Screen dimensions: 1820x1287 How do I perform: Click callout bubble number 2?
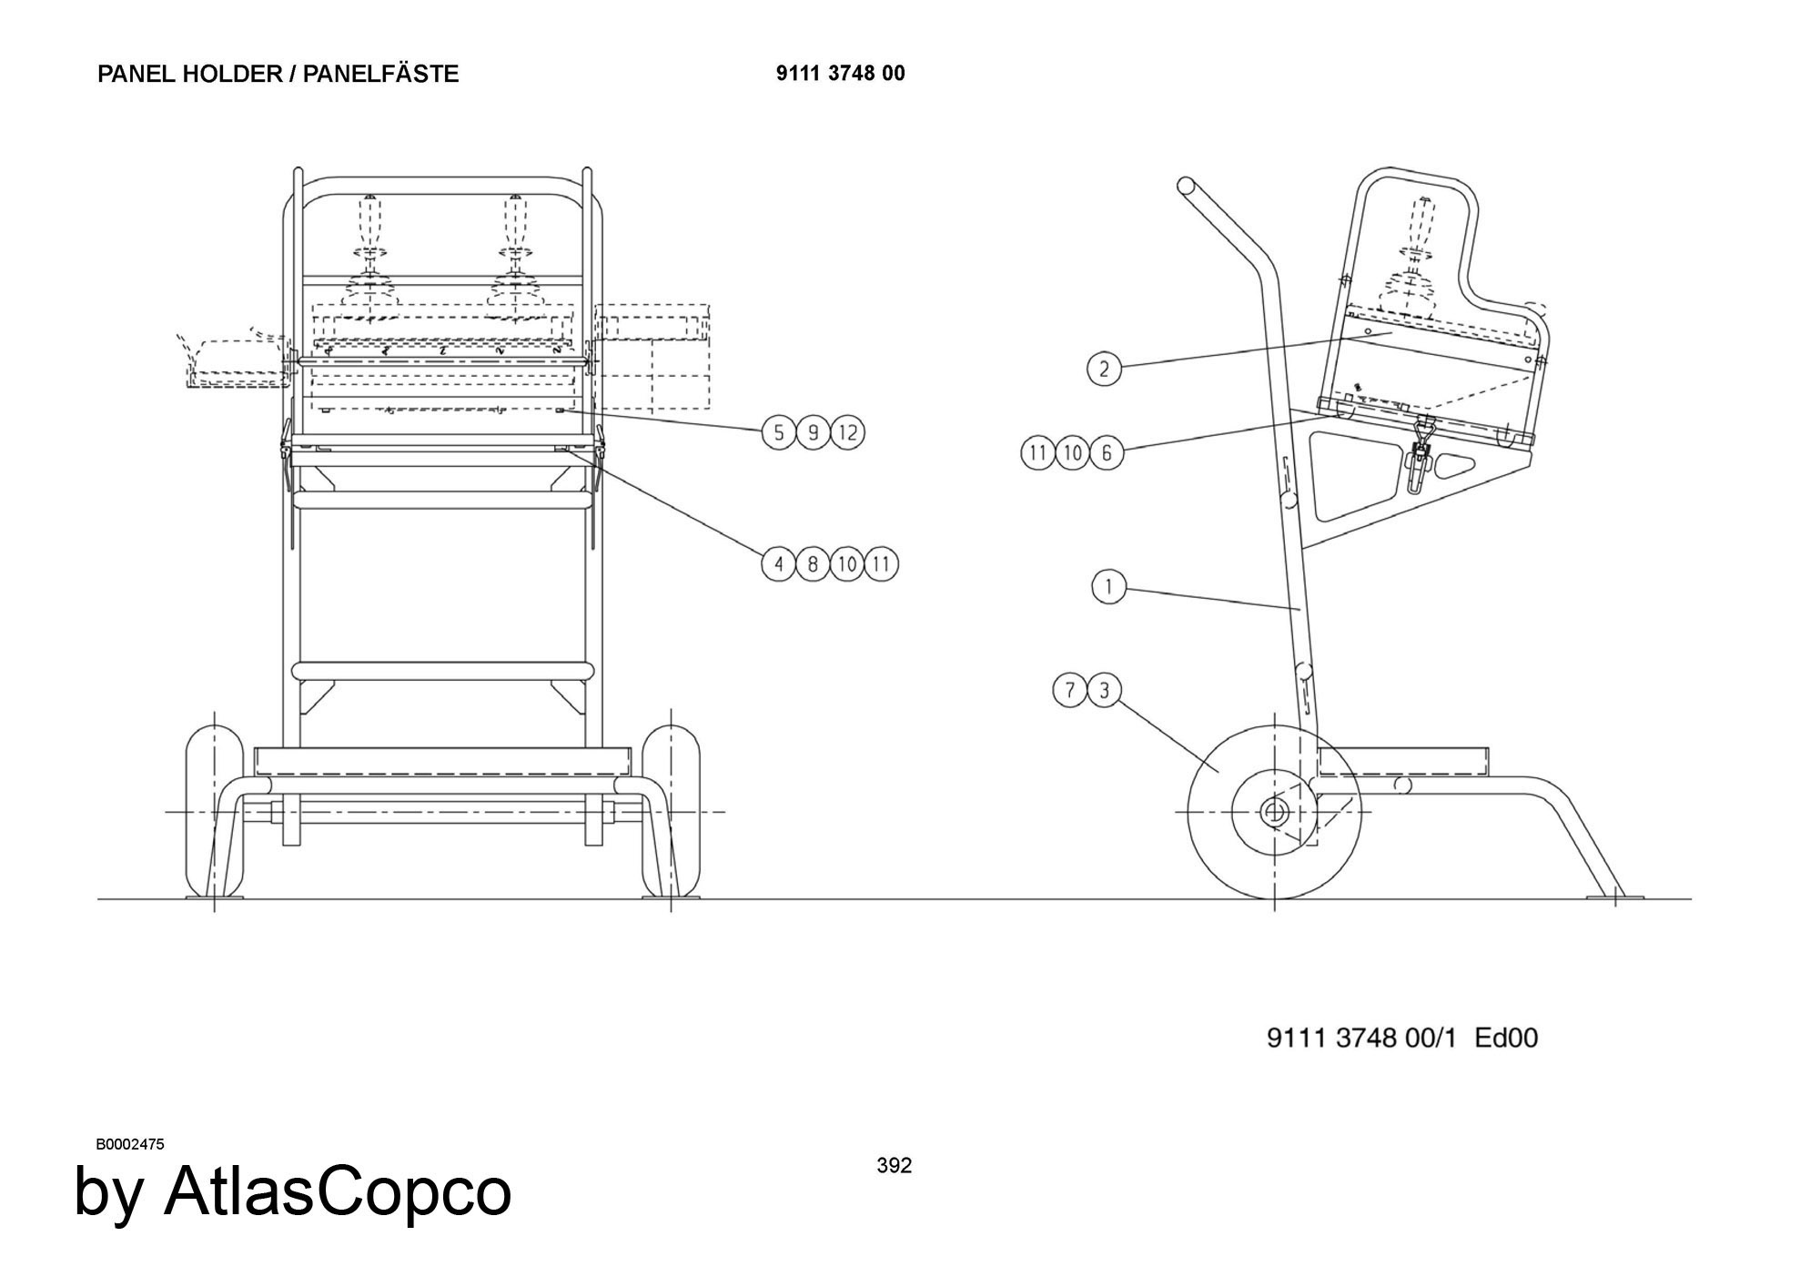coord(1105,369)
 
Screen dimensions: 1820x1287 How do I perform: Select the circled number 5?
coord(779,432)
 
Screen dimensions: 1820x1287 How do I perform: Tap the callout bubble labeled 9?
coord(814,432)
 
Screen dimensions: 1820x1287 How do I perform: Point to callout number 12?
coord(848,432)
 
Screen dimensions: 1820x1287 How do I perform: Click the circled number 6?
coord(1107,452)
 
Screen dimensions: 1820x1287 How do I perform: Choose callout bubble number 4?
coord(779,564)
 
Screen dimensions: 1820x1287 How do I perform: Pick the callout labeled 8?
coord(813,564)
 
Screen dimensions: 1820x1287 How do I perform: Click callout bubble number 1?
coord(1108,587)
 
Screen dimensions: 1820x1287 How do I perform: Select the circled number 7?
coord(1070,690)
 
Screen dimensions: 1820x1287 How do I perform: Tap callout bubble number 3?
coord(1105,690)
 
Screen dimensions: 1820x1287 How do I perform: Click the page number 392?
coord(895,1165)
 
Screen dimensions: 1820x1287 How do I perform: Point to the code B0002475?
coord(130,1144)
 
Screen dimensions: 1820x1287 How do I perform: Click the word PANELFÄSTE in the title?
coord(380,74)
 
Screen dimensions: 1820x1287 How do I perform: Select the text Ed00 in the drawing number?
coord(1506,1038)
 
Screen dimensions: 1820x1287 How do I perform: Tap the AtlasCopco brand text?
coord(338,1191)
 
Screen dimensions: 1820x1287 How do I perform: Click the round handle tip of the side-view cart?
coord(1186,187)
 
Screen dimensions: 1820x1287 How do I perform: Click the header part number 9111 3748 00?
coord(841,73)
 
